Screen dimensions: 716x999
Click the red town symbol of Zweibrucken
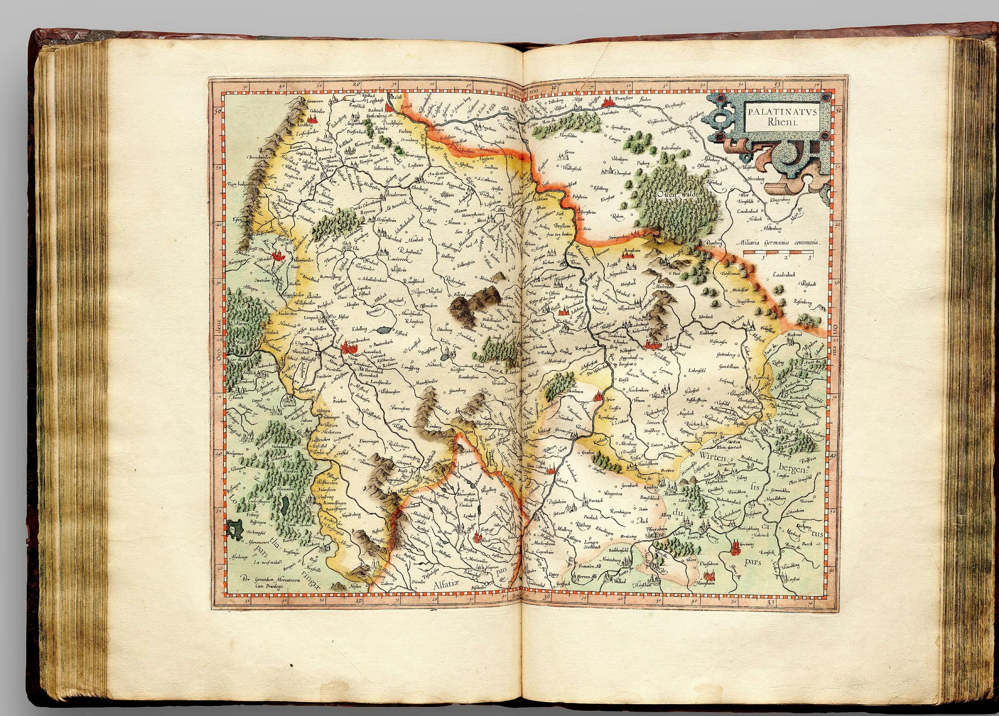[x=349, y=348]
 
